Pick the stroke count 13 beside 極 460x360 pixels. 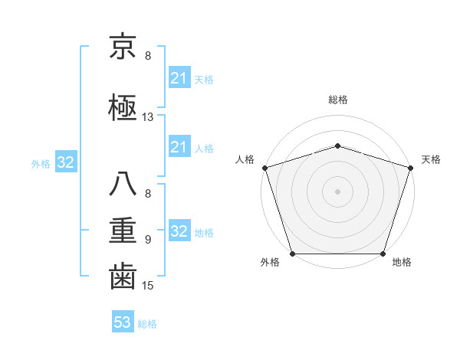click(148, 117)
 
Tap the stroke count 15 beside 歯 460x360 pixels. click(148, 286)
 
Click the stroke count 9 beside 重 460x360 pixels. click(148, 240)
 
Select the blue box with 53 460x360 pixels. click(123, 323)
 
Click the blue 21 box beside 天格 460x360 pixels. click(179, 78)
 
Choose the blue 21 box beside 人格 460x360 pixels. click(179, 147)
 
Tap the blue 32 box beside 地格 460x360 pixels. click(179, 231)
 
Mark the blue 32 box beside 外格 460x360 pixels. click(65, 162)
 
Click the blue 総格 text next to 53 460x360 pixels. click(147, 324)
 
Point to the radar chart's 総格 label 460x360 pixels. click(337, 100)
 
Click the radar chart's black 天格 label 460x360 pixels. click(431, 159)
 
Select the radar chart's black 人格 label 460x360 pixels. click(245, 159)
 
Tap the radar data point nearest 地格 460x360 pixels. click(383, 254)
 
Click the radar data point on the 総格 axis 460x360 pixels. click(337, 146)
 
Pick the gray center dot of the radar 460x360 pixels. click(337, 191)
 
